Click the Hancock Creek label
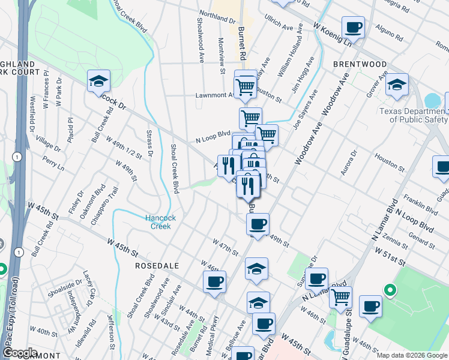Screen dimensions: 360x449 pos(160,222)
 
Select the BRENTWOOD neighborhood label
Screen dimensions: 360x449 pos(360,64)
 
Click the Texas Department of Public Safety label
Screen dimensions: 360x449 pos(413,115)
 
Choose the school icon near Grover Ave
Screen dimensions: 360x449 pos(397,85)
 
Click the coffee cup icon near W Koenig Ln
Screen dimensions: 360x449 pos(353,28)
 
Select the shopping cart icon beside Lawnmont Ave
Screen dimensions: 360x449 pos(245,88)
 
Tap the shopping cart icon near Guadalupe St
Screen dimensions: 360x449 pos(340,296)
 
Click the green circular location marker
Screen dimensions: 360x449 pos(390,292)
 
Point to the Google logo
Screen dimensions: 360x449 pos(19,353)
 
